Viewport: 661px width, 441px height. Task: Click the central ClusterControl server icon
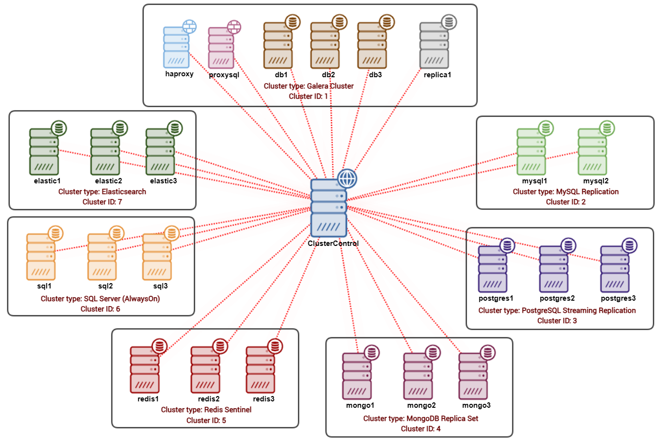(329, 209)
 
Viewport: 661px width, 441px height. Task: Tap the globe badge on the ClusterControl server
(347, 179)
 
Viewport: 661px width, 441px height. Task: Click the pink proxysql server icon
(221, 48)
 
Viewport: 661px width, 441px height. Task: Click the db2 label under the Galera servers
(329, 75)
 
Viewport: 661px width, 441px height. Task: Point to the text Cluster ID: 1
(308, 96)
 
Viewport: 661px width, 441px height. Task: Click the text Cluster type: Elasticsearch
(102, 192)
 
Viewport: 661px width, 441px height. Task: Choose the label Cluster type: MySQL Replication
(566, 192)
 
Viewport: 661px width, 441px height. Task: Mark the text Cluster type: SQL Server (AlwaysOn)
(100, 299)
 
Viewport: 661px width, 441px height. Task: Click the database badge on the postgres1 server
(507, 245)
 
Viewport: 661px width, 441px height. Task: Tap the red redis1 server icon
(145, 370)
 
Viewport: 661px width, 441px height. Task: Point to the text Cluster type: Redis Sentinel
(206, 410)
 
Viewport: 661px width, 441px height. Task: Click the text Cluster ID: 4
(420, 429)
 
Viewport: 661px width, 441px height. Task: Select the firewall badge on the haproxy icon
(190, 27)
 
